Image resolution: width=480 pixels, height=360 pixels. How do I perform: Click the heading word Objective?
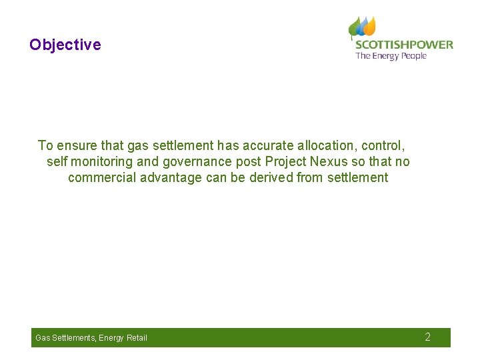click(65, 45)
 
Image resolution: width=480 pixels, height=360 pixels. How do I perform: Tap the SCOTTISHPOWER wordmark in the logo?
click(404, 45)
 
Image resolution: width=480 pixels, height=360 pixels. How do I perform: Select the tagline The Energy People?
click(391, 56)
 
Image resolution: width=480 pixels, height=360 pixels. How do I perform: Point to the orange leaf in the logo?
click(369, 26)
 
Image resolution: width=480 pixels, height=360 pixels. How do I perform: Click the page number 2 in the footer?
click(428, 337)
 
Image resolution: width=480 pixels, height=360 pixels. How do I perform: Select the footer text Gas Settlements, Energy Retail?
click(91, 338)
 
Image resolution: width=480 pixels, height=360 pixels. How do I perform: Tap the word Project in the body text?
click(286, 161)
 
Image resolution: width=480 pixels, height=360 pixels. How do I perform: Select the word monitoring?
click(103, 161)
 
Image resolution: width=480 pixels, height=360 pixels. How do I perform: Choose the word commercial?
click(102, 177)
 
